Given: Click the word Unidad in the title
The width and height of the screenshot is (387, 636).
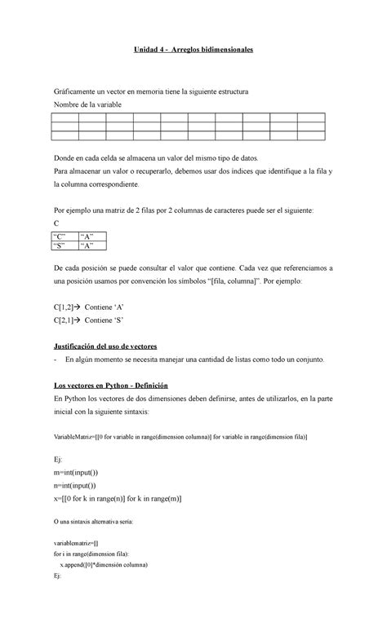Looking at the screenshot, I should click(149, 51).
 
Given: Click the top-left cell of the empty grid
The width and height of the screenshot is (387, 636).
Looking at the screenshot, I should click(64, 117).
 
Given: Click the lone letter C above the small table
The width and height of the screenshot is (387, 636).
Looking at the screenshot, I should click(56, 223).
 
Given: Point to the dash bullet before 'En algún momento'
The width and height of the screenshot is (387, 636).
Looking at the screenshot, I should click(54, 360).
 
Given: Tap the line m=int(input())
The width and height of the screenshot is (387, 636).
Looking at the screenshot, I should click(77, 473).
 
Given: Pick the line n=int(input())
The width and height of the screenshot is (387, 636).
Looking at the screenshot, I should click(76, 487).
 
